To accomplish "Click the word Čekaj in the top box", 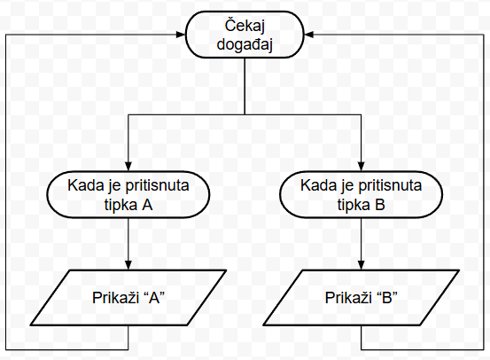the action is coord(245,26).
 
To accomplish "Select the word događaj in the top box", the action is coord(245,44).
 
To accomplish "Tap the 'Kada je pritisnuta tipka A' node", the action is coord(128,194).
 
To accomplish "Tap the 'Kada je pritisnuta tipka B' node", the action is coord(361,194).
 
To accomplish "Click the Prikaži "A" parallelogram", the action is coord(128,297).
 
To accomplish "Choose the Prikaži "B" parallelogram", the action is coord(361,297).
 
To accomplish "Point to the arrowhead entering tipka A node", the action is coord(128,167).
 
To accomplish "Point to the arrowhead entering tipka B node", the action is coord(361,167).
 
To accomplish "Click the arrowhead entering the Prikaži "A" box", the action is coord(128,265).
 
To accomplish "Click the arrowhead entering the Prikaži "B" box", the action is coord(361,265).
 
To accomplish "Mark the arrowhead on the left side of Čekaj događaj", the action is coord(182,35).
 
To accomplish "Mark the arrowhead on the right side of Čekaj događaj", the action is coord(308,35).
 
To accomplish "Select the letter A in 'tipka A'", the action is coord(147,205).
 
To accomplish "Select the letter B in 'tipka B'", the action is coord(380,205).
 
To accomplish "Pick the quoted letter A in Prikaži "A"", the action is coord(154,297).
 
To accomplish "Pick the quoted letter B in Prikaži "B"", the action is coord(387,297).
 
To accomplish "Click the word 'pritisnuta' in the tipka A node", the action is coord(157,185).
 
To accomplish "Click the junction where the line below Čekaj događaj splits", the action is coord(245,114).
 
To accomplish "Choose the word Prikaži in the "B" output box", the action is coord(346,297).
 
